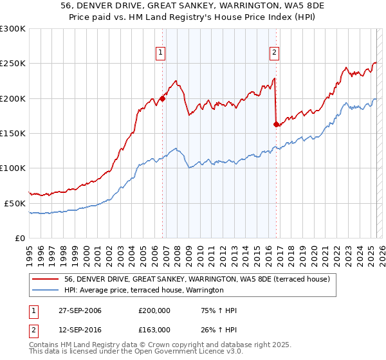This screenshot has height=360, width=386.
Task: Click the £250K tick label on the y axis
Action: point(13,64)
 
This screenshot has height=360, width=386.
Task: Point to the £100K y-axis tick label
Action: point(13,168)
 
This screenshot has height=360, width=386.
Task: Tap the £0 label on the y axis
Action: point(20,237)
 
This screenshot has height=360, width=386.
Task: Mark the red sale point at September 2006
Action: point(163,98)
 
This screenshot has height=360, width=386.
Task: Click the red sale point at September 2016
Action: point(277,124)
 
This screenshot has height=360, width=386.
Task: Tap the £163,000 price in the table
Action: point(154,329)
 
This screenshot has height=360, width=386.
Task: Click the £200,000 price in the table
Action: point(154,311)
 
